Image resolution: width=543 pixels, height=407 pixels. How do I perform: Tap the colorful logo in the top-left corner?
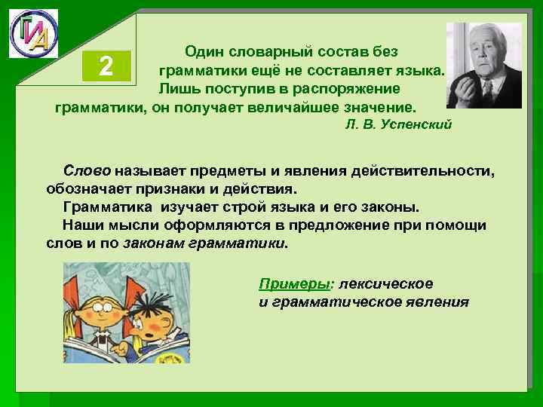click(x=33, y=33)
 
